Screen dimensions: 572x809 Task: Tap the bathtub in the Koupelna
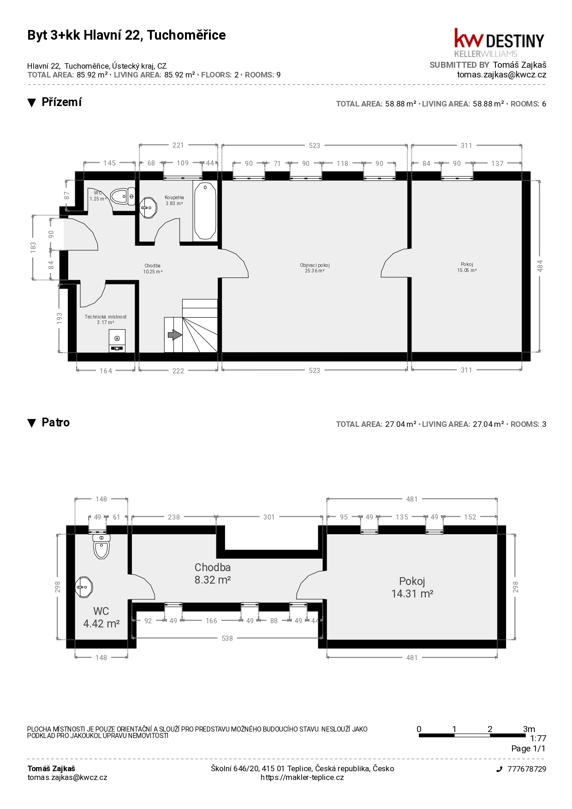pos(205,211)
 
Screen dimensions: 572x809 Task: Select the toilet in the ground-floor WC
pos(123,196)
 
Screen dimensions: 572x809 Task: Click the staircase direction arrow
pos(174,335)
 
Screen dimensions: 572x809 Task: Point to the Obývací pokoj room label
pos(315,268)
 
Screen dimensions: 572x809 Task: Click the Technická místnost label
pos(106,319)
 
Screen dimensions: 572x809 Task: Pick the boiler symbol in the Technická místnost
pos(117,341)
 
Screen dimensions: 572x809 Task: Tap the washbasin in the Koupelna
pos(148,208)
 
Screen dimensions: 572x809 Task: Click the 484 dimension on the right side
pos(540,266)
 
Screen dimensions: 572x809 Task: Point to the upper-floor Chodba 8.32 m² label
pos(213,573)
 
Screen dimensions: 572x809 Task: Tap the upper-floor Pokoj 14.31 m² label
pos(412,587)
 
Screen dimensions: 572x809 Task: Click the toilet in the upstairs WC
pos(101,547)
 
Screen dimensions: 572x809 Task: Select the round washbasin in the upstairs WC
pos(84,587)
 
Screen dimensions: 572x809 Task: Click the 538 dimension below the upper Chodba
pos(227,638)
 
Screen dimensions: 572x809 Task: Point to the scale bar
pos(472,735)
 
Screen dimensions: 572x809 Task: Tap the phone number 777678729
pos(527,769)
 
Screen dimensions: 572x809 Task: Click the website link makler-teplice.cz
pos(302,777)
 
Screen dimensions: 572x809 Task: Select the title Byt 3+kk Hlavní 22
pos(126,35)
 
